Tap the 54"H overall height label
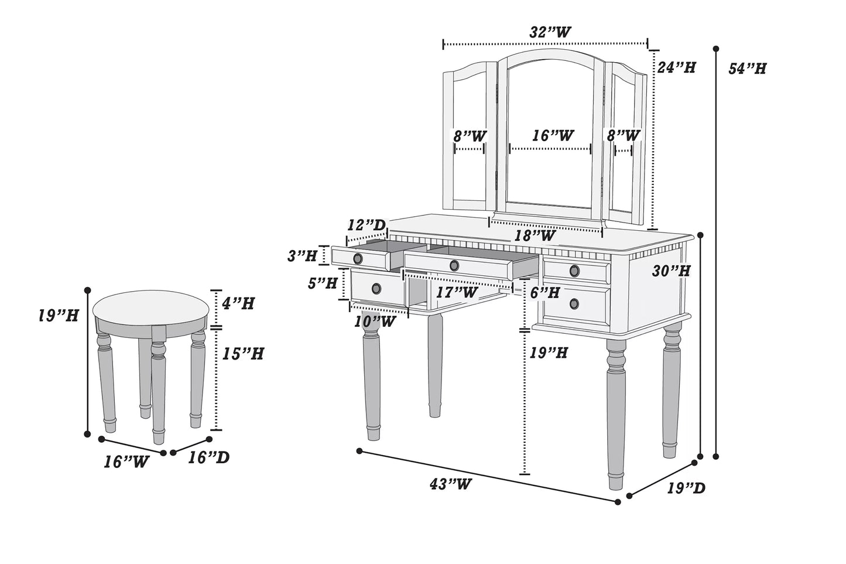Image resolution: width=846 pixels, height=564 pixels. [x=747, y=69]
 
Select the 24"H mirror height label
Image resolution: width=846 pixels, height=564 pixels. [x=676, y=67]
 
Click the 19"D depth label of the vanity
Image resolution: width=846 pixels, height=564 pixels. [x=686, y=487]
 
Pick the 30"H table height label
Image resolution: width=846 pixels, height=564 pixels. [x=672, y=271]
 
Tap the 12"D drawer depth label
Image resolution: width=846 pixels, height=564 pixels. [x=367, y=225]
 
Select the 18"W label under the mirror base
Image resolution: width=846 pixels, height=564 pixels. [x=535, y=236]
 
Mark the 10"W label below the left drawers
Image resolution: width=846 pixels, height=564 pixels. [x=374, y=321]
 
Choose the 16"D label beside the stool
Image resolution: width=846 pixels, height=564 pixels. [x=208, y=457]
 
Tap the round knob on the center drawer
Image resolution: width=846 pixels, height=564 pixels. [x=454, y=266]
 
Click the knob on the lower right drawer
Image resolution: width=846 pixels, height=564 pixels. [x=574, y=303]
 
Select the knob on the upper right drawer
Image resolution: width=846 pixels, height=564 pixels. [x=574, y=271]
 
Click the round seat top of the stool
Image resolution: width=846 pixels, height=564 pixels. [x=151, y=307]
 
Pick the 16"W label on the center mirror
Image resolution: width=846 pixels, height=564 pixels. [x=552, y=136]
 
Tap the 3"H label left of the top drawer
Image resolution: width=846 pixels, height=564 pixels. [x=302, y=255]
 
